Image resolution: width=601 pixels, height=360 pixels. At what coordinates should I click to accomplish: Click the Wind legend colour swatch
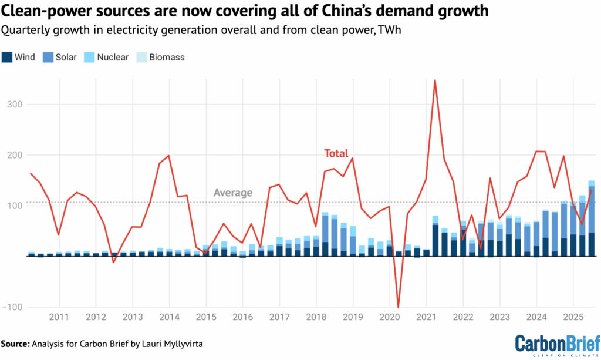(x=8, y=58)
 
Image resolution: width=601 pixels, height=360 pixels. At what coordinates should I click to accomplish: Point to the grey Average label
(x=233, y=193)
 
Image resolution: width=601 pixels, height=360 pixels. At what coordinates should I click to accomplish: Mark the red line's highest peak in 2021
(x=435, y=80)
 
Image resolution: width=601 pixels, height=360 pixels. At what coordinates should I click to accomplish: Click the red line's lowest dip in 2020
(x=399, y=307)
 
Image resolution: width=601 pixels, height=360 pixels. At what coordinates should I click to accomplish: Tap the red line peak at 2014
(x=169, y=156)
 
